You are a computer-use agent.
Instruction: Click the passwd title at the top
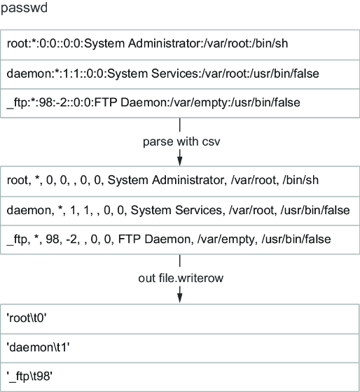24,8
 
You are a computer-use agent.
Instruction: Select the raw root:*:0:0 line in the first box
147,43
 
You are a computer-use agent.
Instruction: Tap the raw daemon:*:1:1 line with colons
163,73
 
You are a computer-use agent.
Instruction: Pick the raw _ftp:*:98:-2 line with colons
153,103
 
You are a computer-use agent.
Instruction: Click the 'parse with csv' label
181,141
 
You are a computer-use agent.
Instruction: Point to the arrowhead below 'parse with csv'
179,161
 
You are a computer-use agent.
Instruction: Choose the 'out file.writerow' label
181,278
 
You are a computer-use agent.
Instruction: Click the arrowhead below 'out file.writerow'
179,297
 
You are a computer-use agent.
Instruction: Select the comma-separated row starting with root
162,181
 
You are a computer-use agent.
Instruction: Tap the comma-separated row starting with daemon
178,210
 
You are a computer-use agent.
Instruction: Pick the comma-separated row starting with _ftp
169,239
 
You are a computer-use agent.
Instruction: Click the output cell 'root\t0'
27,318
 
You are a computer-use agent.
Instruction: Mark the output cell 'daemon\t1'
38,347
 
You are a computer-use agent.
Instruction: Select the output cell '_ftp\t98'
29,377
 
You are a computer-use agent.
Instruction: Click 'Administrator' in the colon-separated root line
165,43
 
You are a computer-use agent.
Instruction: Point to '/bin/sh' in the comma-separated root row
300,181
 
